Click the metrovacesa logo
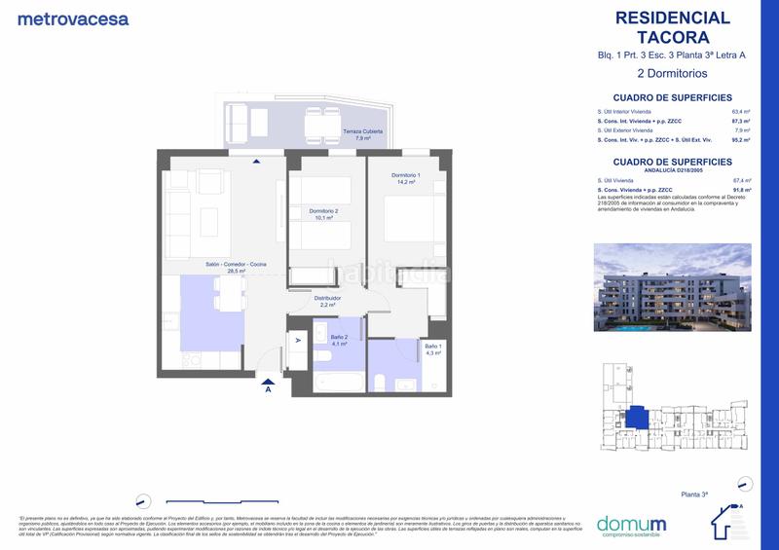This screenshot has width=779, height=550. (x=73, y=18)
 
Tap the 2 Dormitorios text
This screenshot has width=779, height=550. (x=671, y=73)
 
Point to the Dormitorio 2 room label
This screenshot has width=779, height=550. (x=323, y=214)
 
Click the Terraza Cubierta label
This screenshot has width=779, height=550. (x=363, y=134)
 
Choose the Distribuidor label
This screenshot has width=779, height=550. (x=327, y=301)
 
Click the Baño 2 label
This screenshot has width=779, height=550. (x=339, y=341)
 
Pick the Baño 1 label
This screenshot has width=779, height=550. (x=433, y=349)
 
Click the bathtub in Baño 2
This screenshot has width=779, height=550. (x=339, y=381)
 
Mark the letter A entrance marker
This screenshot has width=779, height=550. (x=268, y=389)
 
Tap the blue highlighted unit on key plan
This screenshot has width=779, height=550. (x=637, y=418)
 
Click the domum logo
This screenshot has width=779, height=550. (x=630, y=524)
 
